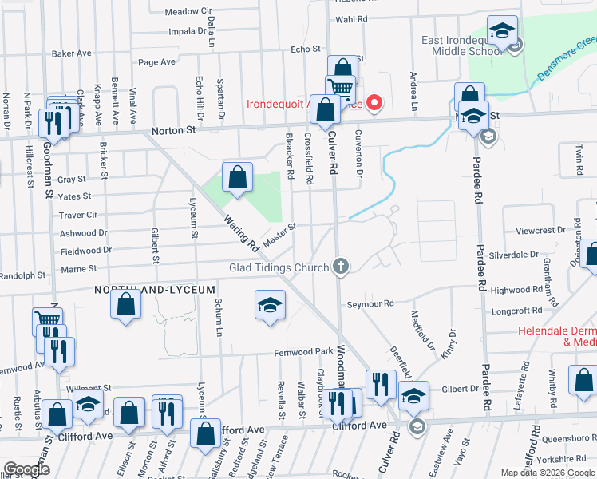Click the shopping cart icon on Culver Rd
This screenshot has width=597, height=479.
340,88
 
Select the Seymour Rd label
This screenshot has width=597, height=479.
370,303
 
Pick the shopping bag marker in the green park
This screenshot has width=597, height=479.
238,178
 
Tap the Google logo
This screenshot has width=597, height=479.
26,469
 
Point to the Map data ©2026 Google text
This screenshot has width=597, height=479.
547,473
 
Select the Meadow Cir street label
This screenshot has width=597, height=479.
188,12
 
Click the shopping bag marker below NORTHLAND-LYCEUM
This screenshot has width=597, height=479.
126,305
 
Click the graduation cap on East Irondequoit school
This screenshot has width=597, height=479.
502,31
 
